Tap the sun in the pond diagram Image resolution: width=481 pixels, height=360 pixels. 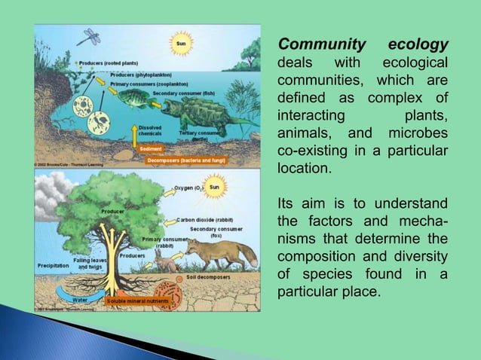(181, 44)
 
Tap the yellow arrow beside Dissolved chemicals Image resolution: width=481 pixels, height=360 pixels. (136, 134)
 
